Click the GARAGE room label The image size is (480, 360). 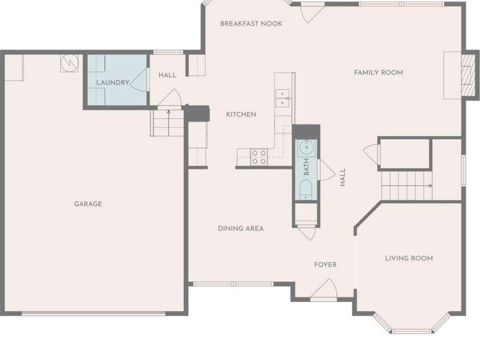pyautogui.click(x=88, y=204)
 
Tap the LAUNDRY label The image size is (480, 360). pyautogui.click(x=113, y=83)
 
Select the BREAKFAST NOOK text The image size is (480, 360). pyautogui.click(x=251, y=23)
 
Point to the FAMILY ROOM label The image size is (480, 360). pyautogui.click(x=379, y=72)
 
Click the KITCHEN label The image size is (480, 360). pyautogui.click(x=241, y=114)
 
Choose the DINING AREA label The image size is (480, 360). pyautogui.click(x=241, y=228)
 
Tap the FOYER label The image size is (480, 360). pyautogui.click(x=325, y=264)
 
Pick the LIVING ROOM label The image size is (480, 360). pyautogui.click(x=409, y=259)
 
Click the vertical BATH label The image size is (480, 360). pyautogui.click(x=306, y=167)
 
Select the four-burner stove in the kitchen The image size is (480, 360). pyautogui.click(x=259, y=157)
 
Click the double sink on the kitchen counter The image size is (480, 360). pyautogui.click(x=283, y=98)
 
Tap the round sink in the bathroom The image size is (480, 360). pyautogui.click(x=306, y=148)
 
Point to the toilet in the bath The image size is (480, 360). pyautogui.click(x=306, y=189)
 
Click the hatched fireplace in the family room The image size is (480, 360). pyautogui.click(x=467, y=75)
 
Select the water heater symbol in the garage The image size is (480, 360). pyautogui.click(x=69, y=63)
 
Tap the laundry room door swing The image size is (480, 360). pyautogui.click(x=139, y=80)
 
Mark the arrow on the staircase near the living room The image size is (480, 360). pyautogui.click(x=430, y=186)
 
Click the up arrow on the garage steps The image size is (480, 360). pyautogui.click(x=169, y=112)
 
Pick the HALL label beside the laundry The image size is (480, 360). pyautogui.click(x=167, y=75)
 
